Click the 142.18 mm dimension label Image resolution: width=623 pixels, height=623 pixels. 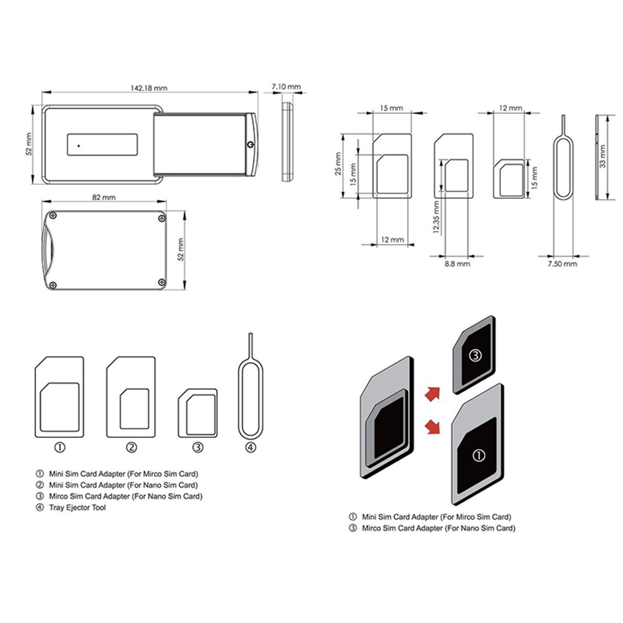tap(149, 87)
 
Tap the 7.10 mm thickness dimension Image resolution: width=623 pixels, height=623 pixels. tap(287, 86)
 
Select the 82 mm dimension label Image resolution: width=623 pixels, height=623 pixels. tap(104, 197)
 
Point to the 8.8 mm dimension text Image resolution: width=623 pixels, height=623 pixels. tap(457, 264)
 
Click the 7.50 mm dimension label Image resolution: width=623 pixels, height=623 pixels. tap(562, 264)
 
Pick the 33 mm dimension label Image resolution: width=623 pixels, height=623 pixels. tap(602, 156)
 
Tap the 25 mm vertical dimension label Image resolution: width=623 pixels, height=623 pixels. tap(337, 164)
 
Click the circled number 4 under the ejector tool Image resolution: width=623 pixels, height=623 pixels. tap(250, 447)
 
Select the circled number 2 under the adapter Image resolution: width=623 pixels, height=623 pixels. tap(131, 447)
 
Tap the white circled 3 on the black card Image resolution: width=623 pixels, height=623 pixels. tap(475, 356)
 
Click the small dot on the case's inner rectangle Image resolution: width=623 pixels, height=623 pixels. tap(79, 145)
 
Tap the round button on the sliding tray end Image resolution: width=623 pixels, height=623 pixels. tap(250, 145)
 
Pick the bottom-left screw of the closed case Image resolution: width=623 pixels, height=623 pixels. tap(54, 285)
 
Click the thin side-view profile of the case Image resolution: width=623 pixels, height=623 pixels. tap(287, 142)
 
